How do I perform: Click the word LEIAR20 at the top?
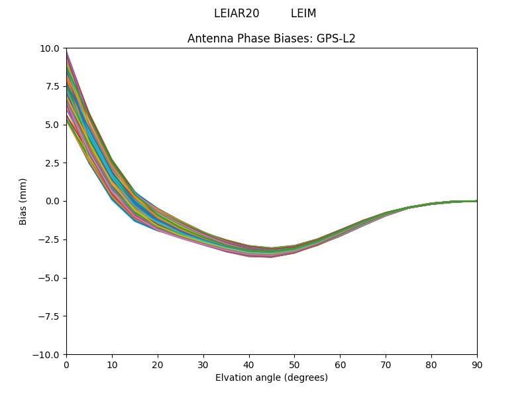pyautogui.click(x=237, y=13)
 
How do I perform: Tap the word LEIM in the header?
pyautogui.click(x=303, y=13)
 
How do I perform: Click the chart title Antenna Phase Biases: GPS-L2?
pyautogui.click(x=272, y=38)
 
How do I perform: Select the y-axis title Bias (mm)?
pyautogui.click(x=23, y=201)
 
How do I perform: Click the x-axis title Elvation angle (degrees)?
pyautogui.click(x=272, y=377)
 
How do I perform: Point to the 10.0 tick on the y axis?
pyautogui.click(x=50, y=48)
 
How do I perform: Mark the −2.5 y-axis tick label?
pyautogui.click(x=49, y=239)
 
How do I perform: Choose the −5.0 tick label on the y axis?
pyautogui.click(x=49, y=278)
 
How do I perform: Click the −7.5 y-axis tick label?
pyautogui.click(x=49, y=316)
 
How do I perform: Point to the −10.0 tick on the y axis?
pyautogui.click(x=47, y=354)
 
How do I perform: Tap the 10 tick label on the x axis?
pyautogui.click(x=112, y=364)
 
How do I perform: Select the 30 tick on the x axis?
pyautogui.click(x=203, y=364)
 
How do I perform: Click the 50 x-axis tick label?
pyautogui.click(x=294, y=364)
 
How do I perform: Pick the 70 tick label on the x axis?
pyautogui.click(x=386, y=364)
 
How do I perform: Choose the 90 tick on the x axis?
pyautogui.click(x=477, y=364)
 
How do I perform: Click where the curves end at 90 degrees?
pyautogui.click(x=476, y=201)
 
